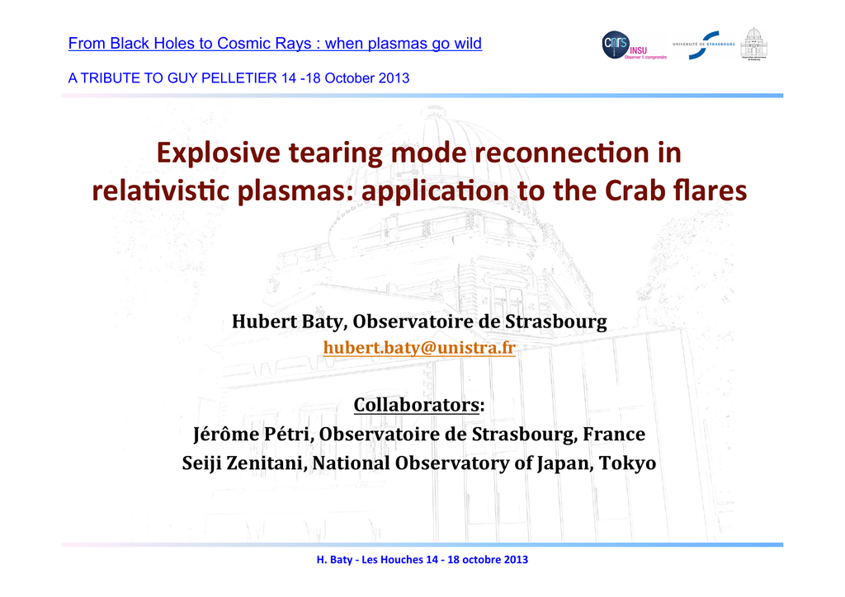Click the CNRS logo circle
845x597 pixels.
[x=616, y=45]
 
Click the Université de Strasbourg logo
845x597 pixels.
[x=704, y=45]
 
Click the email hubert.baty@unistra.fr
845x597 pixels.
[x=419, y=348]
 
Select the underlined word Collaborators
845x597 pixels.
[x=416, y=405]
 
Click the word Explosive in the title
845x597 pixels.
[x=218, y=153]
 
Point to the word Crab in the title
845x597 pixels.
[x=635, y=190]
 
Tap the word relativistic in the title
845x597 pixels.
[x=161, y=190]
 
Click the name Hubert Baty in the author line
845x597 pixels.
[x=288, y=322]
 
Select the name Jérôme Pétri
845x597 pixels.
[x=253, y=434]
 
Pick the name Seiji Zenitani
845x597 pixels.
[x=243, y=463]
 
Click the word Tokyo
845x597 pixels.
[x=628, y=463]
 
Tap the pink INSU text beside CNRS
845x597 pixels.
[x=638, y=50]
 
